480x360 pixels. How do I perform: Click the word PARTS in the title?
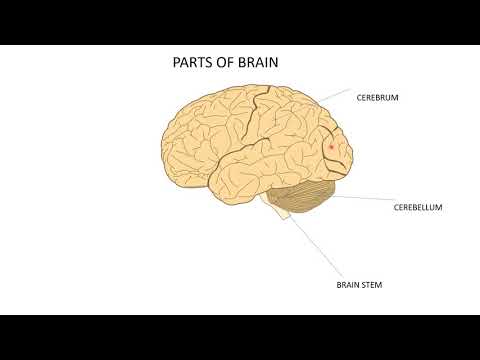pyautogui.click(x=193, y=63)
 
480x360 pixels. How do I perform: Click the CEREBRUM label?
pyautogui.click(x=378, y=98)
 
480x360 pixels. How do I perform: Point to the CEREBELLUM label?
pyautogui.click(x=416, y=208)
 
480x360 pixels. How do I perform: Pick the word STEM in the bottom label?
pyautogui.click(x=371, y=285)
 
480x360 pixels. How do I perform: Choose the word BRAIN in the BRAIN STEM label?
pyautogui.click(x=347, y=285)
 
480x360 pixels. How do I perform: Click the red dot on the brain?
pyautogui.click(x=331, y=147)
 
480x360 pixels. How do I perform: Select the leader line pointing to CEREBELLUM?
pyautogui.click(x=360, y=200)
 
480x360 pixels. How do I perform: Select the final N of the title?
pyautogui.click(x=273, y=63)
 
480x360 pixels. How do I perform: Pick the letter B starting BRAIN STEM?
pyautogui.click(x=337, y=285)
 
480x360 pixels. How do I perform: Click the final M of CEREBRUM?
pyautogui.click(x=396, y=98)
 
